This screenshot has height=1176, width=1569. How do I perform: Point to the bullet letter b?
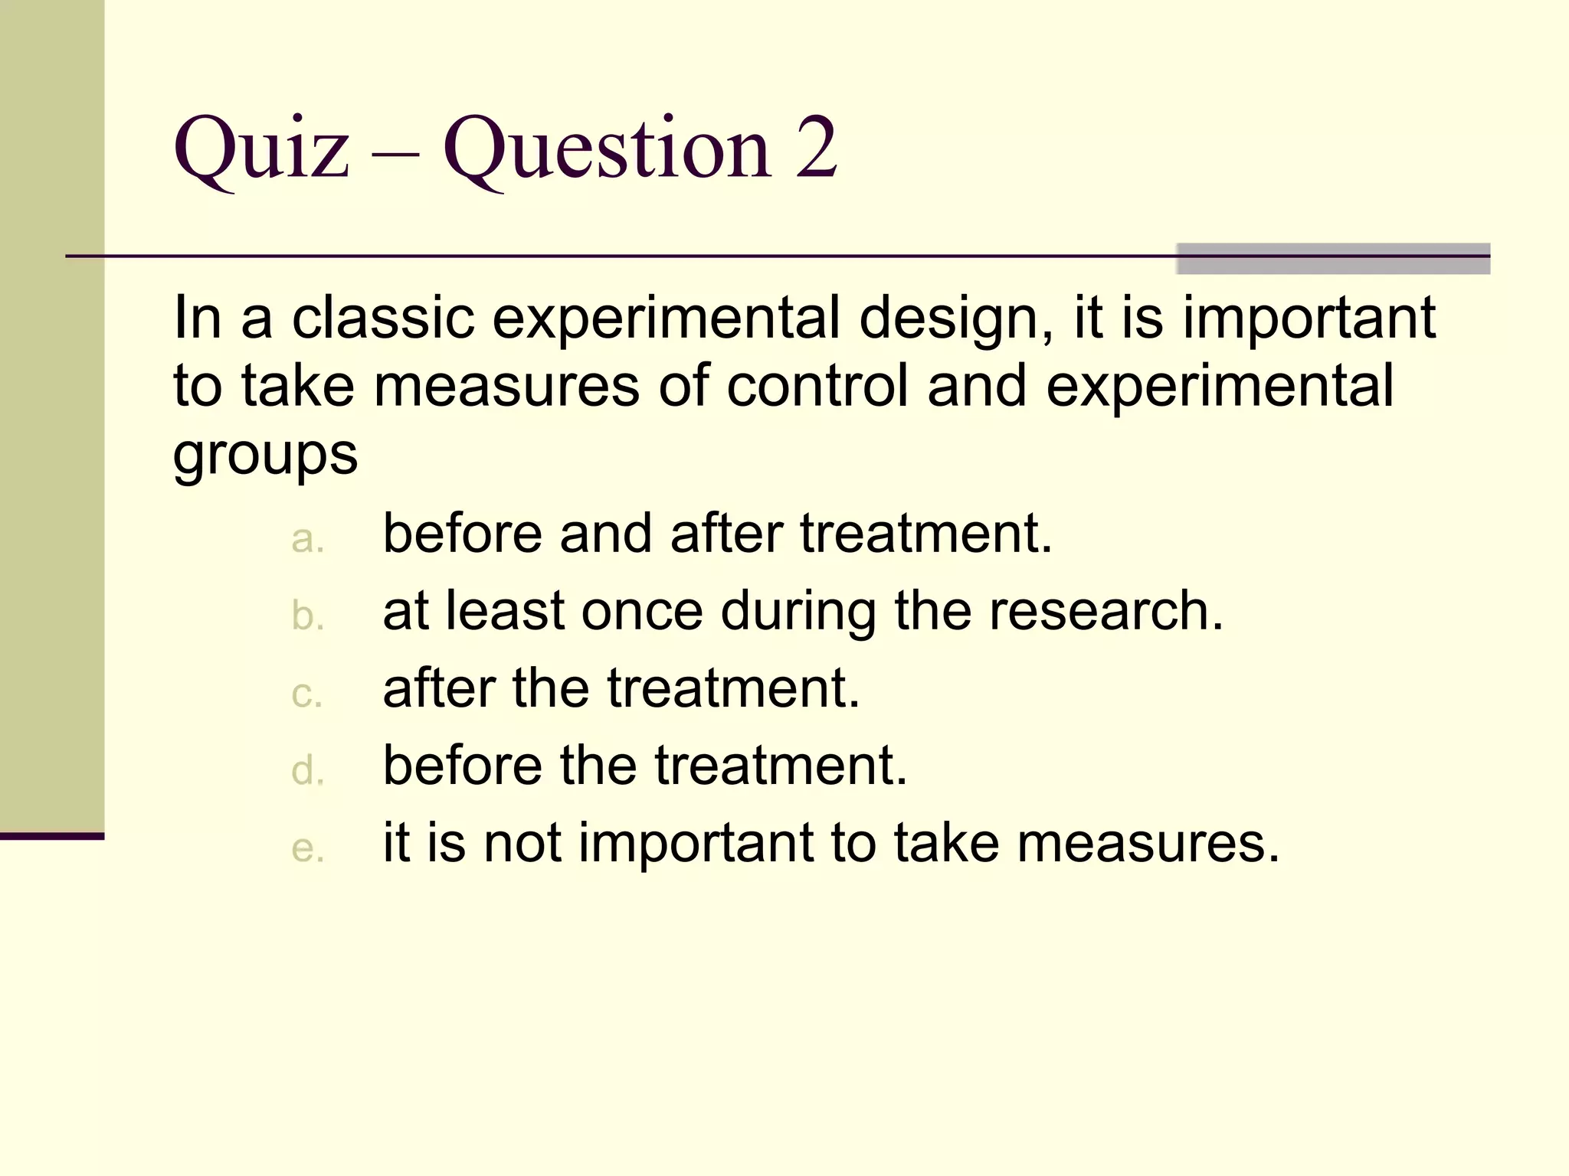pos(307,616)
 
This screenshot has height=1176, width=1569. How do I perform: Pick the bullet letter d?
pos(307,769)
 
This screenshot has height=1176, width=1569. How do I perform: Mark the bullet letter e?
pos(307,848)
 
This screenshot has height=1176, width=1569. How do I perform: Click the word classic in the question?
pos(383,318)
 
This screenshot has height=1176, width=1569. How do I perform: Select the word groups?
pos(265,456)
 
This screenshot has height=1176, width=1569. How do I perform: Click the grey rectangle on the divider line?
pos(1332,259)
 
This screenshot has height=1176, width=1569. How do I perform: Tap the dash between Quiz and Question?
pos(395,149)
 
